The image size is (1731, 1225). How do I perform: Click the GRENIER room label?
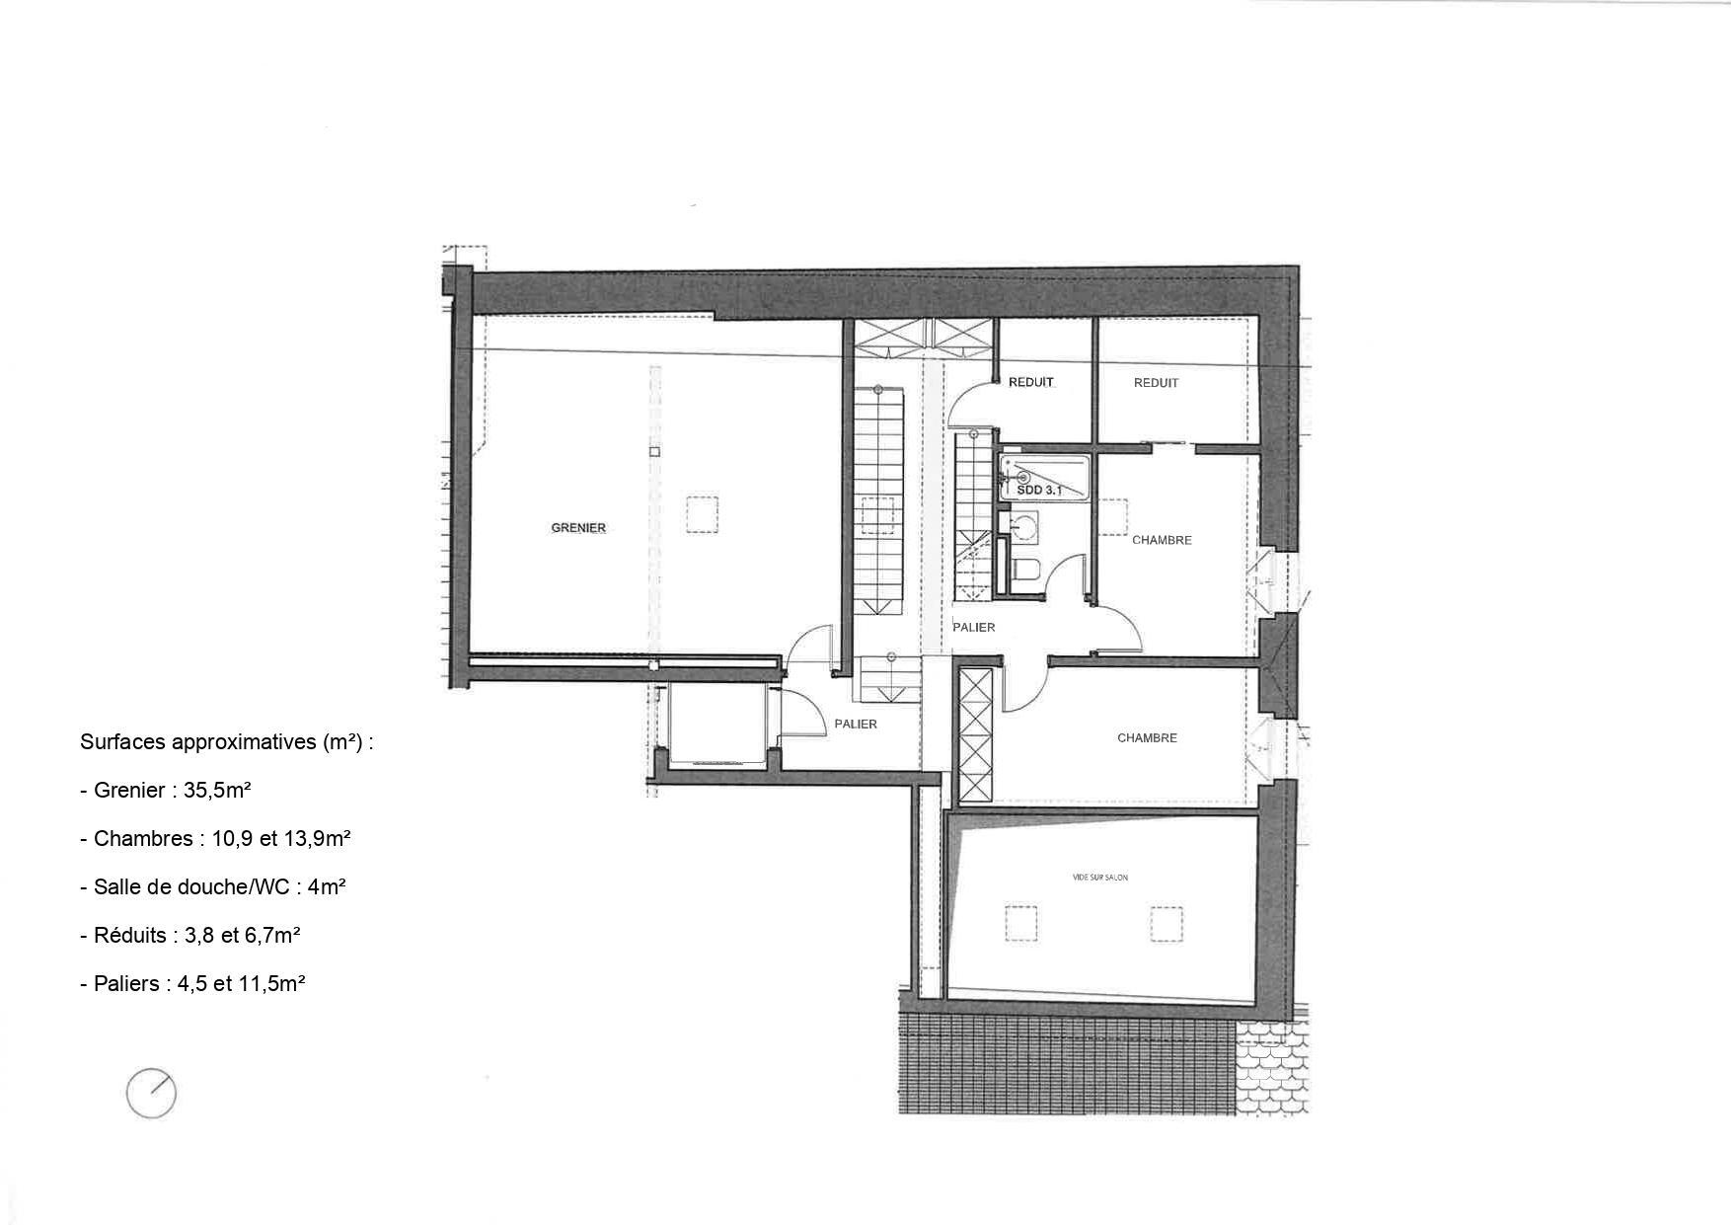coord(578,528)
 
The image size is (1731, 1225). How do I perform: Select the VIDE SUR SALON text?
coord(1099,878)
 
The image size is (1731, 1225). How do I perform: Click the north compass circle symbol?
coord(151,1094)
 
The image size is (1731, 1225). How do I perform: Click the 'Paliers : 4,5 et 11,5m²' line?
coord(192,984)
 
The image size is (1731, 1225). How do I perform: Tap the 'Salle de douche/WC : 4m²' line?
coord(212,887)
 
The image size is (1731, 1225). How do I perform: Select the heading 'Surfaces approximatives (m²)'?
coord(226,743)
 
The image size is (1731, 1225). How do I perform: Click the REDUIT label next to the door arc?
coord(1031,383)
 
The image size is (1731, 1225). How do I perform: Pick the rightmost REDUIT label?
coord(1156,383)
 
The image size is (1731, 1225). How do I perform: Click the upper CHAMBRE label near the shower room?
coord(1162,540)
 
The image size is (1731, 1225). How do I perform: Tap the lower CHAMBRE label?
coord(1147,738)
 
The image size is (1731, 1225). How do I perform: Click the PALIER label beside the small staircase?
coord(973,628)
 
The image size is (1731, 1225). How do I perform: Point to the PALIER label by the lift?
coord(855,724)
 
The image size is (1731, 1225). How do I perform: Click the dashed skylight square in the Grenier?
coord(703,514)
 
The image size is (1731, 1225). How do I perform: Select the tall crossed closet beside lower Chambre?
coord(975,736)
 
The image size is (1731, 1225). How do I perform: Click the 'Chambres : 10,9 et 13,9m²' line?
coord(215,839)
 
